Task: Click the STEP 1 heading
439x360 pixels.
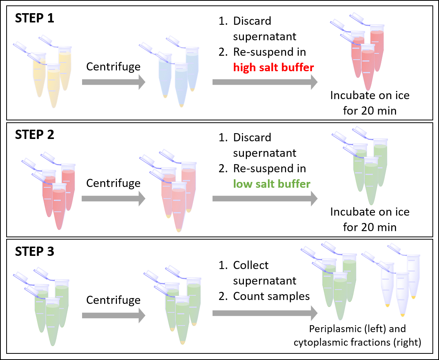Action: [35, 19]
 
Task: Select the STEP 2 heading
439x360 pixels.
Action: [35, 135]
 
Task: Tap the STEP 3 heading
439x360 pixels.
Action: [35, 252]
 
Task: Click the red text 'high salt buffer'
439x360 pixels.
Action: [273, 67]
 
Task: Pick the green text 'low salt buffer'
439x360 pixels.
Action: [272, 184]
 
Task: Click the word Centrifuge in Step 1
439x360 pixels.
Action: [113, 67]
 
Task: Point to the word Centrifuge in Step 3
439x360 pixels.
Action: [113, 300]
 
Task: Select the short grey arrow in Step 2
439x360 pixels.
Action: [113, 199]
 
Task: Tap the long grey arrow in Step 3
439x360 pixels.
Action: [265, 313]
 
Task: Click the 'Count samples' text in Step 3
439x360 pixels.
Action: [271, 296]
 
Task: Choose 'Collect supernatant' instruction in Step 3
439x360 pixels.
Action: [264, 273]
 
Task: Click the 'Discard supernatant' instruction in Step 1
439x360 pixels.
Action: [264, 29]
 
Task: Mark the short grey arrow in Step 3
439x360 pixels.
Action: [113, 315]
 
